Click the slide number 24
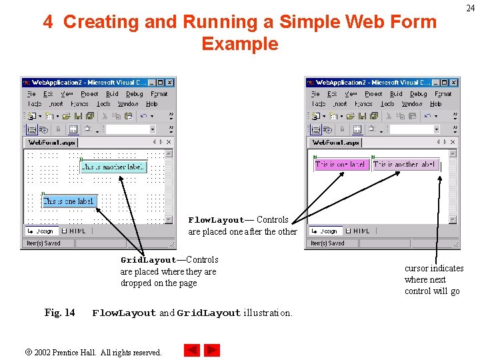(471, 8)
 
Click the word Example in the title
(239, 44)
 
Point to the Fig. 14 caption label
(59, 313)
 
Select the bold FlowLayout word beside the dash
(216, 220)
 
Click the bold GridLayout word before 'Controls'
(148, 260)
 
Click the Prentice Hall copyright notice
(97, 352)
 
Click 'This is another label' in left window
(113, 167)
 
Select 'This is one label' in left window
(69, 201)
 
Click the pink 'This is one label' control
(340, 165)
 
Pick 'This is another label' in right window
(405, 165)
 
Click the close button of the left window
(170, 83)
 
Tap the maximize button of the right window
(445, 83)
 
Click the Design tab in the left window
(41, 231)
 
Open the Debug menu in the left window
(135, 95)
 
